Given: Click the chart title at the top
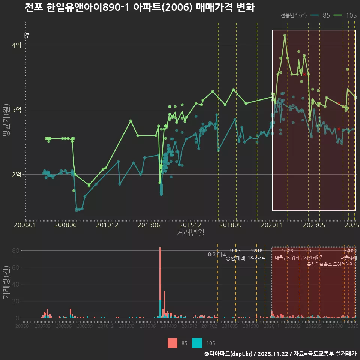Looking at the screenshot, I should point(139,7).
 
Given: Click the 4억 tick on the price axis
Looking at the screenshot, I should point(16,45).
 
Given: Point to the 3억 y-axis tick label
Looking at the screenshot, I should point(16,110).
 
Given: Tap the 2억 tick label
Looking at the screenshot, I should point(16,174).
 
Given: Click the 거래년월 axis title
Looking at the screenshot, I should point(190,232).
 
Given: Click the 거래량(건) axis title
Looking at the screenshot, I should point(6,282).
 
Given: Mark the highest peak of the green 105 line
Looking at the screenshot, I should point(285,35).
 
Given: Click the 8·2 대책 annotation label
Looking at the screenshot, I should point(217,254).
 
